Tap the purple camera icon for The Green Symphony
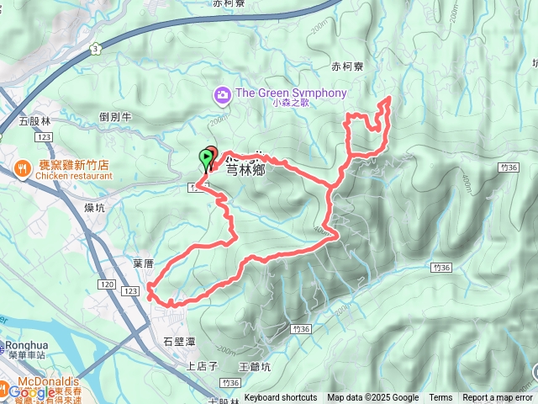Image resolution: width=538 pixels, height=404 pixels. tap(223, 93)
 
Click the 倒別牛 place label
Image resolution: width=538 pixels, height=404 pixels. tap(115, 118)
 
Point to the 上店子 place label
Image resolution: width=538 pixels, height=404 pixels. tap(202, 366)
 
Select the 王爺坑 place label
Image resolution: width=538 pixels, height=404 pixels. tap(255, 367)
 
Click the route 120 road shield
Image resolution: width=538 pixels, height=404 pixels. tap(106, 285)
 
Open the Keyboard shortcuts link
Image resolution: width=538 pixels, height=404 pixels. tap(281, 398)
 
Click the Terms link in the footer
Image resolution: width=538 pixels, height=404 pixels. tap(440, 398)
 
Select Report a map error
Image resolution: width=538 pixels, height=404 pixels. tap(498, 398)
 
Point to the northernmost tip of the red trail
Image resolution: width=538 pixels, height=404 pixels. tap(388, 99)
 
